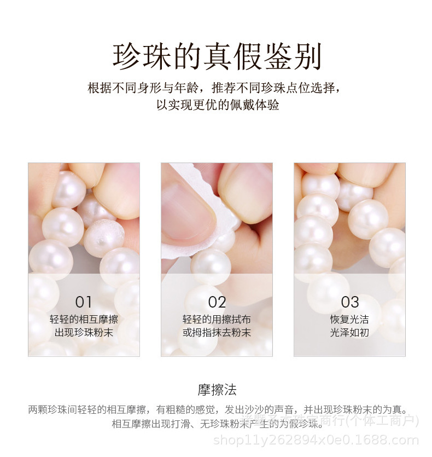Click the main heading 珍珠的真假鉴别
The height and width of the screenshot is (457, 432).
(x=217, y=56)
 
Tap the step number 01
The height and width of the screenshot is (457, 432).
(x=84, y=302)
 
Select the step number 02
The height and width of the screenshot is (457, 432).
(x=217, y=302)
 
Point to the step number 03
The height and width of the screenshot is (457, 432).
(x=350, y=302)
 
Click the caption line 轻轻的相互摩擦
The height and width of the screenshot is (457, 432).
(x=84, y=320)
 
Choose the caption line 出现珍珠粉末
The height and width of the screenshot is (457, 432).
(x=84, y=332)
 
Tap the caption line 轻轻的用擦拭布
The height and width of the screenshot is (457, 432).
(x=217, y=320)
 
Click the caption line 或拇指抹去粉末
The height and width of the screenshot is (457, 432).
(x=217, y=332)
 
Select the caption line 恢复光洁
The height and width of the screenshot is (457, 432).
(x=350, y=320)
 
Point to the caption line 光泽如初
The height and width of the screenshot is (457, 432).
(x=350, y=332)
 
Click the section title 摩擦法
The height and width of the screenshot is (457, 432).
(x=217, y=390)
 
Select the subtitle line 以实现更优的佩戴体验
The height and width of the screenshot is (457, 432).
(x=217, y=105)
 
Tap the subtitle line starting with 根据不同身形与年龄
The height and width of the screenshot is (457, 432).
(x=217, y=88)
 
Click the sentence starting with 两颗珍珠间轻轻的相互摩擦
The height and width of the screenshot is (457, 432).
(x=217, y=409)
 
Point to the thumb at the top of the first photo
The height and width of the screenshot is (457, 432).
(x=118, y=183)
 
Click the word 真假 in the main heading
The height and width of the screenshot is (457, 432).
(x=230, y=56)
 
